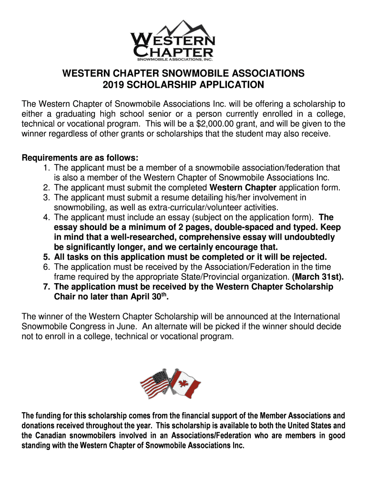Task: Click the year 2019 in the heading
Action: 113,85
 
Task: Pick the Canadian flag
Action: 186,384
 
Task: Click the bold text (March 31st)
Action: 318,277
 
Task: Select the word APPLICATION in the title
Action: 225,85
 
